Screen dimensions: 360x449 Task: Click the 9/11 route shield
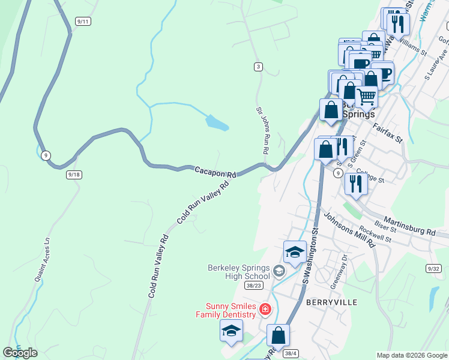(83, 22)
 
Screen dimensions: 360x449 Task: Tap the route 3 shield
(258, 67)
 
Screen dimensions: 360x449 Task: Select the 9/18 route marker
(74, 174)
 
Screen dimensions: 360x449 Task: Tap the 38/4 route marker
(291, 353)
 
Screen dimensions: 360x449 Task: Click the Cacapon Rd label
(215, 172)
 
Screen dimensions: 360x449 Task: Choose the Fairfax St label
(387, 133)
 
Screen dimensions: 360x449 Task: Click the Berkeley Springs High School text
(239, 272)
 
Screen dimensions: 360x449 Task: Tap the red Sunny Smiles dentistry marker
(265, 310)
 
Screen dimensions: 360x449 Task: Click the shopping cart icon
(366, 95)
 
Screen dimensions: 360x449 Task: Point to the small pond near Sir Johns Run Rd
(217, 123)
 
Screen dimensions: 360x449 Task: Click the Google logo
(20, 353)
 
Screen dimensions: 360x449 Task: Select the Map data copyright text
(412, 355)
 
